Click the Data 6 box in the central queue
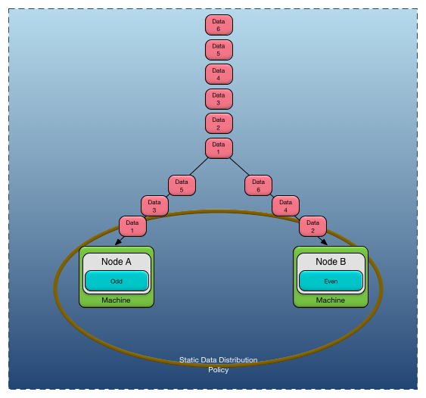pos(219,25)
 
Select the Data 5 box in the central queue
pos(219,50)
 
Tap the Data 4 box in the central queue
pos(219,74)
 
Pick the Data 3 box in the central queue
pos(219,99)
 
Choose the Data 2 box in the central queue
pos(219,124)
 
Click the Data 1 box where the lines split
pos(219,148)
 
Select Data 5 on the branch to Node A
pos(182,185)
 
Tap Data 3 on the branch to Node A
pos(154,206)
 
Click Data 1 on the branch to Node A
pos(132,226)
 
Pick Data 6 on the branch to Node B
pos(258,185)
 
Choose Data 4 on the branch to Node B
pos(285,206)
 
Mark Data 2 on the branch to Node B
pos(313,226)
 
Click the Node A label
pos(117,262)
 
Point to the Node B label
pos(331,262)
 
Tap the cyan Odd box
pos(117,281)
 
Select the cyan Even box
pos(331,281)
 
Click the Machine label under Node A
pos(117,300)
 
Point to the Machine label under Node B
pos(331,300)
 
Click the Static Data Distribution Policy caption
pos(218,365)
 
